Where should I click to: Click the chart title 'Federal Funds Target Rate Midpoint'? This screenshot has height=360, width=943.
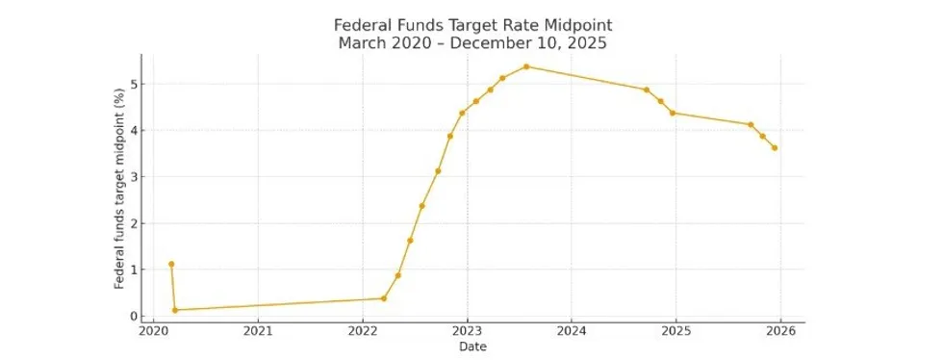[x=472, y=24]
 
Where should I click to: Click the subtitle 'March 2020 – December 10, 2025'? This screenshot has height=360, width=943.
[x=472, y=42]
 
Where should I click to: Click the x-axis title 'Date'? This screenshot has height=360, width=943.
[x=472, y=347]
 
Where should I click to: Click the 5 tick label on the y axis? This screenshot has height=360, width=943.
[x=136, y=84]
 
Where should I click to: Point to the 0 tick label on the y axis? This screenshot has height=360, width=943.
[x=136, y=316]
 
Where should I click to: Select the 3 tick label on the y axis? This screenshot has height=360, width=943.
[x=136, y=177]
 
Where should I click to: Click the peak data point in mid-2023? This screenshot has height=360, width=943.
[x=526, y=66]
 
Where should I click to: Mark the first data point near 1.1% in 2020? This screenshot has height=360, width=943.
[x=171, y=264]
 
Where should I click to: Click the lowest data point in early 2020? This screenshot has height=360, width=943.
[x=175, y=310]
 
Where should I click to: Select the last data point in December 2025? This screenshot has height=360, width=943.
[x=775, y=147]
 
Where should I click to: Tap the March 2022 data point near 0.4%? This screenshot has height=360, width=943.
[x=384, y=298]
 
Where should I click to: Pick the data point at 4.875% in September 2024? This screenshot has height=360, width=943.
[x=647, y=90]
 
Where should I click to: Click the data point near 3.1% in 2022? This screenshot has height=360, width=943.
[x=438, y=171]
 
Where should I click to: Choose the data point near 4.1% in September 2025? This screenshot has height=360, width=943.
[x=751, y=124]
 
